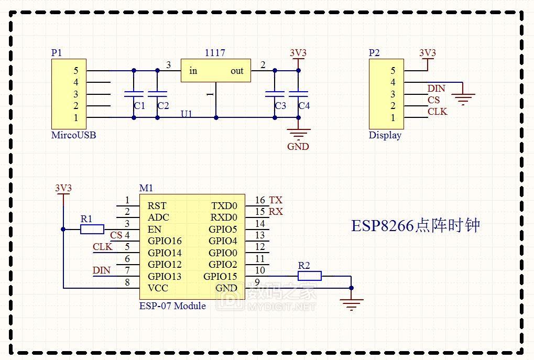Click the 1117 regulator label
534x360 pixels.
click(x=215, y=53)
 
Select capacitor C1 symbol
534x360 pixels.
click(x=134, y=94)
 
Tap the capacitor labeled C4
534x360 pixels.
click(x=298, y=94)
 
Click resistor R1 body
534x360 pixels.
click(x=92, y=229)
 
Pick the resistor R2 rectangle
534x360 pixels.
click(x=310, y=276)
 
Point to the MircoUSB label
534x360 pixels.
click(x=73, y=135)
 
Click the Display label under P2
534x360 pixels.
click(x=385, y=135)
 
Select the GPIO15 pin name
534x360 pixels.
click(x=220, y=277)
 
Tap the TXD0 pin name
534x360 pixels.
click(x=224, y=206)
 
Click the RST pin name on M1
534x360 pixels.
click(x=157, y=206)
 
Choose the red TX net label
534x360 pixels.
click(x=276, y=200)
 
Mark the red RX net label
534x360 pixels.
click(x=276, y=212)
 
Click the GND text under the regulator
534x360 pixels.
click(x=298, y=147)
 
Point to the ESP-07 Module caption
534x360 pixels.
click(x=172, y=306)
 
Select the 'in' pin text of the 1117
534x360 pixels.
click(x=193, y=71)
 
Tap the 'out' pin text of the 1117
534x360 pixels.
click(x=237, y=71)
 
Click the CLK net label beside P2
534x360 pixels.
click(x=437, y=112)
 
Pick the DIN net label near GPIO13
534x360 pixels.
click(x=102, y=270)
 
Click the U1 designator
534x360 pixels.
click(x=187, y=114)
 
